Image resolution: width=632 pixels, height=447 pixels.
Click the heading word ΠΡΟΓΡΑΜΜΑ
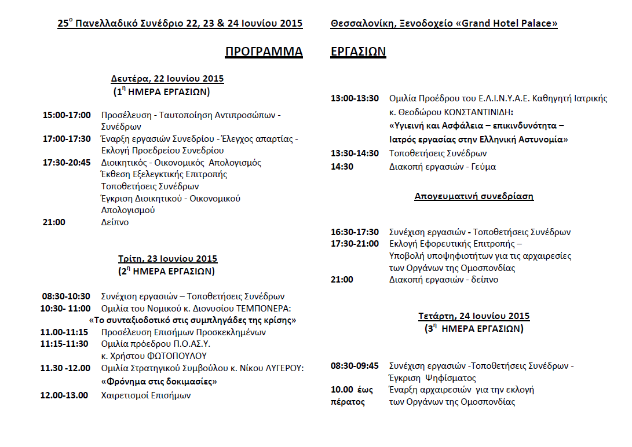(x=264, y=52)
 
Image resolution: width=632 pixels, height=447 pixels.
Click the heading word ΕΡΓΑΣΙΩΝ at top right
(x=358, y=52)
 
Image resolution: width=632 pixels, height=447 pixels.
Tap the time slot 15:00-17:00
(x=67, y=115)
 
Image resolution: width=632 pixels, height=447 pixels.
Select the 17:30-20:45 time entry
(x=67, y=162)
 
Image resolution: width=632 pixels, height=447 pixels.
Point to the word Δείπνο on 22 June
(x=115, y=222)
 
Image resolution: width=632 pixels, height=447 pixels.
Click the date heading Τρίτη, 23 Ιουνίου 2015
(x=167, y=259)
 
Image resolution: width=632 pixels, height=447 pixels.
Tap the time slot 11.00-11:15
(x=64, y=332)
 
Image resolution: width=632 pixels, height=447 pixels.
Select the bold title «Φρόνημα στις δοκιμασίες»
(x=159, y=382)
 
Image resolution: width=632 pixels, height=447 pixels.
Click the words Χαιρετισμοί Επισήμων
(x=146, y=395)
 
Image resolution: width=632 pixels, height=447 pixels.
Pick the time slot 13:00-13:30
(x=355, y=98)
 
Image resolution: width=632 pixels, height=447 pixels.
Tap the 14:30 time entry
(x=342, y=167)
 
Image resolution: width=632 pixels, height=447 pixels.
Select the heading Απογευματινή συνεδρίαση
(x=474, y=196)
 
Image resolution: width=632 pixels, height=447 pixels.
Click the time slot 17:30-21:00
(x=355, y=244)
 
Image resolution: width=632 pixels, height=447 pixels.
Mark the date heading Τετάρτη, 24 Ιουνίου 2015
(x=474, y=316)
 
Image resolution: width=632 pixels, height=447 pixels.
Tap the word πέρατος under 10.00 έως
(x=348, y=402)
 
